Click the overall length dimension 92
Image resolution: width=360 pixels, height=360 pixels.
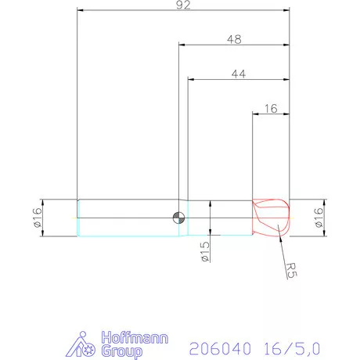pos(183,5)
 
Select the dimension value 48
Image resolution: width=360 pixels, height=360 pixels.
pos(234,38)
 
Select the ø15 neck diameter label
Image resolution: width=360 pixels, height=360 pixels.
pos(204,251)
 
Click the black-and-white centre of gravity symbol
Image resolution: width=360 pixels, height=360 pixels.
pos(179,218)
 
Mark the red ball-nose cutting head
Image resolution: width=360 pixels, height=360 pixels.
pos(271,217)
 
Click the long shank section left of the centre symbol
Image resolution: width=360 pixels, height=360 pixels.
pos(125,218)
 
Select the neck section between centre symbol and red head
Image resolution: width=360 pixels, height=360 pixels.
pos(219,218)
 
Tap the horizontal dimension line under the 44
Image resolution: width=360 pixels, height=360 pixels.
pos(239,79)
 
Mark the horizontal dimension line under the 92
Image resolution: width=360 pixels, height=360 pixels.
pos(183,11)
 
